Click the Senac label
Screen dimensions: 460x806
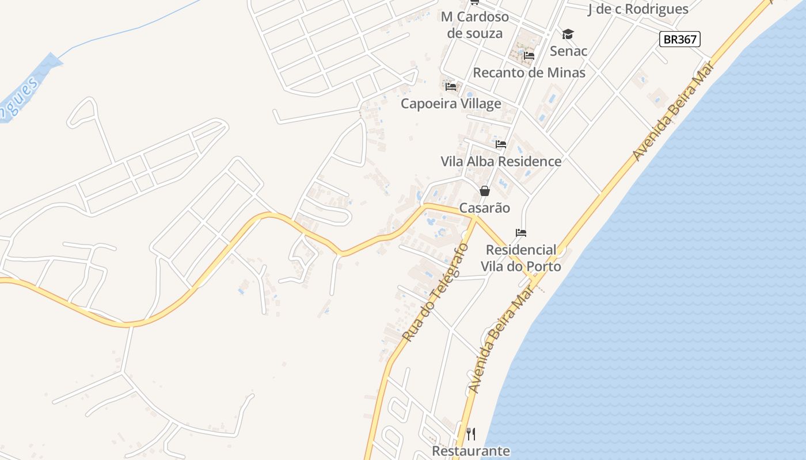pyautogui.click(x=568, y=51)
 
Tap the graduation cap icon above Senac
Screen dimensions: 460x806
pyautogui.click(x=568, y=34)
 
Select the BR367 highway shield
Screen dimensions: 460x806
pyautogui.click(x=679, y=39)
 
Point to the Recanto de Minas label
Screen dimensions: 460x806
pyautogui.click(x=529, y=73)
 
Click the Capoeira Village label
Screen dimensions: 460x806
pyautogui.click(x=451, y=104)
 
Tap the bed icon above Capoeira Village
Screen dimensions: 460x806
pyautogui.click(x=451, y=87)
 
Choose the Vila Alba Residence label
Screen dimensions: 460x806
pyautogui.click(x=501, y=162)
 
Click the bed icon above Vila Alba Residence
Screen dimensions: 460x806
pyautogui.click(x=501, y=144)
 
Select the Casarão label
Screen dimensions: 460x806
pyautogui.click(x=485, y=208)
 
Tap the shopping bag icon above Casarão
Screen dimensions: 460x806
pyautogui.click(x=485, y=191)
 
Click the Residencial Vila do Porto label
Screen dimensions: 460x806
pyautogui.click(x=521, y=258)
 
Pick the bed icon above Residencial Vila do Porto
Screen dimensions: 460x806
pyautogui.click(x=521, y=233)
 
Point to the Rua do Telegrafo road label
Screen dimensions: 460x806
pyautogui.click(x=436, y=293)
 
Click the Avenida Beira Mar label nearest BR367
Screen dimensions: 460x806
pyautogui.click(x=674, y=111)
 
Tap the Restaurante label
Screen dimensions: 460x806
pyautogui.click(x=471, y=451)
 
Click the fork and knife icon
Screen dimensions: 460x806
pyautogui.click(x=471, y=434)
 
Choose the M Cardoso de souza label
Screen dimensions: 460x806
pyautogui.click(x=475, y=25)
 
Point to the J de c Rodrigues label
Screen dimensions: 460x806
pyautogui.click(x=638, y=9)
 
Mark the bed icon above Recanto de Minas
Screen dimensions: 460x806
pyautogui.click(x=529, y=56)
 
